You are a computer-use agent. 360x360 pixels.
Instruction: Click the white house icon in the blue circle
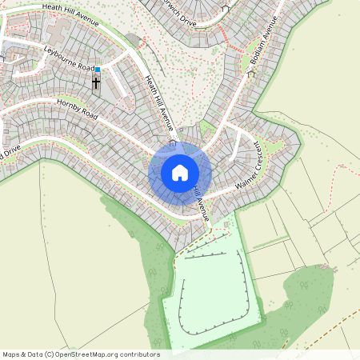(180, 172)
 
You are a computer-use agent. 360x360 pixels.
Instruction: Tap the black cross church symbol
(96, 82)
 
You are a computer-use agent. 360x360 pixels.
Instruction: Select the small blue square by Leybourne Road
(98, 70)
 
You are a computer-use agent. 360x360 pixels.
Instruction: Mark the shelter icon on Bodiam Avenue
(250, 74)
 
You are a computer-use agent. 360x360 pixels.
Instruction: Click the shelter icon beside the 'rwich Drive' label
(225, 10)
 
